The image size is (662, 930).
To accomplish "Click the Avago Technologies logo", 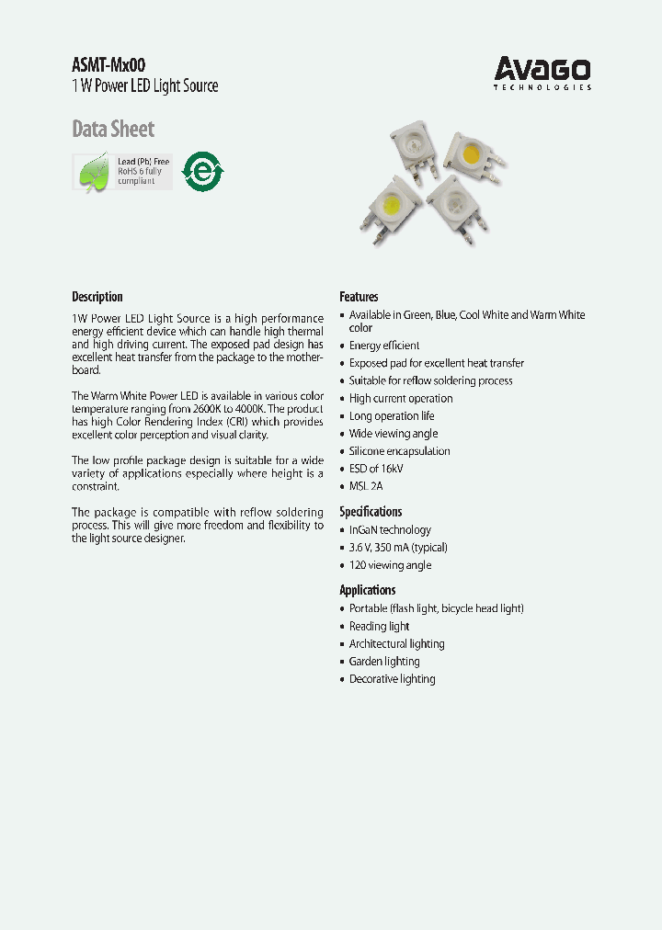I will (x=542, y=73).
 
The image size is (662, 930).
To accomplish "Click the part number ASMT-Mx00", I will (x=108, y=65).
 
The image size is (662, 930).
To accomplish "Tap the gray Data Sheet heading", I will (x=113, y=129).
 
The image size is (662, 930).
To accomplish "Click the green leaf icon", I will (x=94, y=172).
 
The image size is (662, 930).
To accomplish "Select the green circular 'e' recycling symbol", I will (x=201, y=171).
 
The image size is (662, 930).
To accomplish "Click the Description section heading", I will (x=97, y=297).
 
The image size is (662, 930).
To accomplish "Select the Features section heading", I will (x=359, y=297).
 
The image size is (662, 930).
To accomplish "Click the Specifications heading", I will (x=371, y=512).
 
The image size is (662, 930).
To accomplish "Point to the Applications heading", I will (x=367, y=590).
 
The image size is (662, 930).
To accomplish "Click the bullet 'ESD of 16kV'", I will (x=376, y=469).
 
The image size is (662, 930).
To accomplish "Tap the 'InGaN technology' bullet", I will (x=390, y=530).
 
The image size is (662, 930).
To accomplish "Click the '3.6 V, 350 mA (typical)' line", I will (x=398, y=548).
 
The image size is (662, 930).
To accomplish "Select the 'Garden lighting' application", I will (x=384, y=662).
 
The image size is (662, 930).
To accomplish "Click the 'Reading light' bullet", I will (x=379, y=627).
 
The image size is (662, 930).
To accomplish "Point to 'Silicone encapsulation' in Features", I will (x=399, y=451).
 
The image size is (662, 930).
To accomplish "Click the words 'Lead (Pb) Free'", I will (x=143, y=162).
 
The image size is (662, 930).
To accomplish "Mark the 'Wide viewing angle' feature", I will (x=394, y=434).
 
